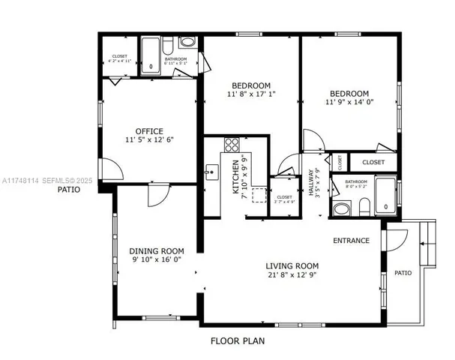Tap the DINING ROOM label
pyautogui.click(x=157, y=251)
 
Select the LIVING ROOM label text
pyautogui.click(x=292, y=265)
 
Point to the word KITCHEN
pyautogui.click(x=235, y=177)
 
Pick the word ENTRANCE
pyautogui.click(x=352, y=241)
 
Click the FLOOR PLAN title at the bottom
pyautogui.click(x=237, y=340)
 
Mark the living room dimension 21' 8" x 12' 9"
pyautogui.click(x=292, y=276)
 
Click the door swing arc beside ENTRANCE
pyautogui.click(x=393, y=240)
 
